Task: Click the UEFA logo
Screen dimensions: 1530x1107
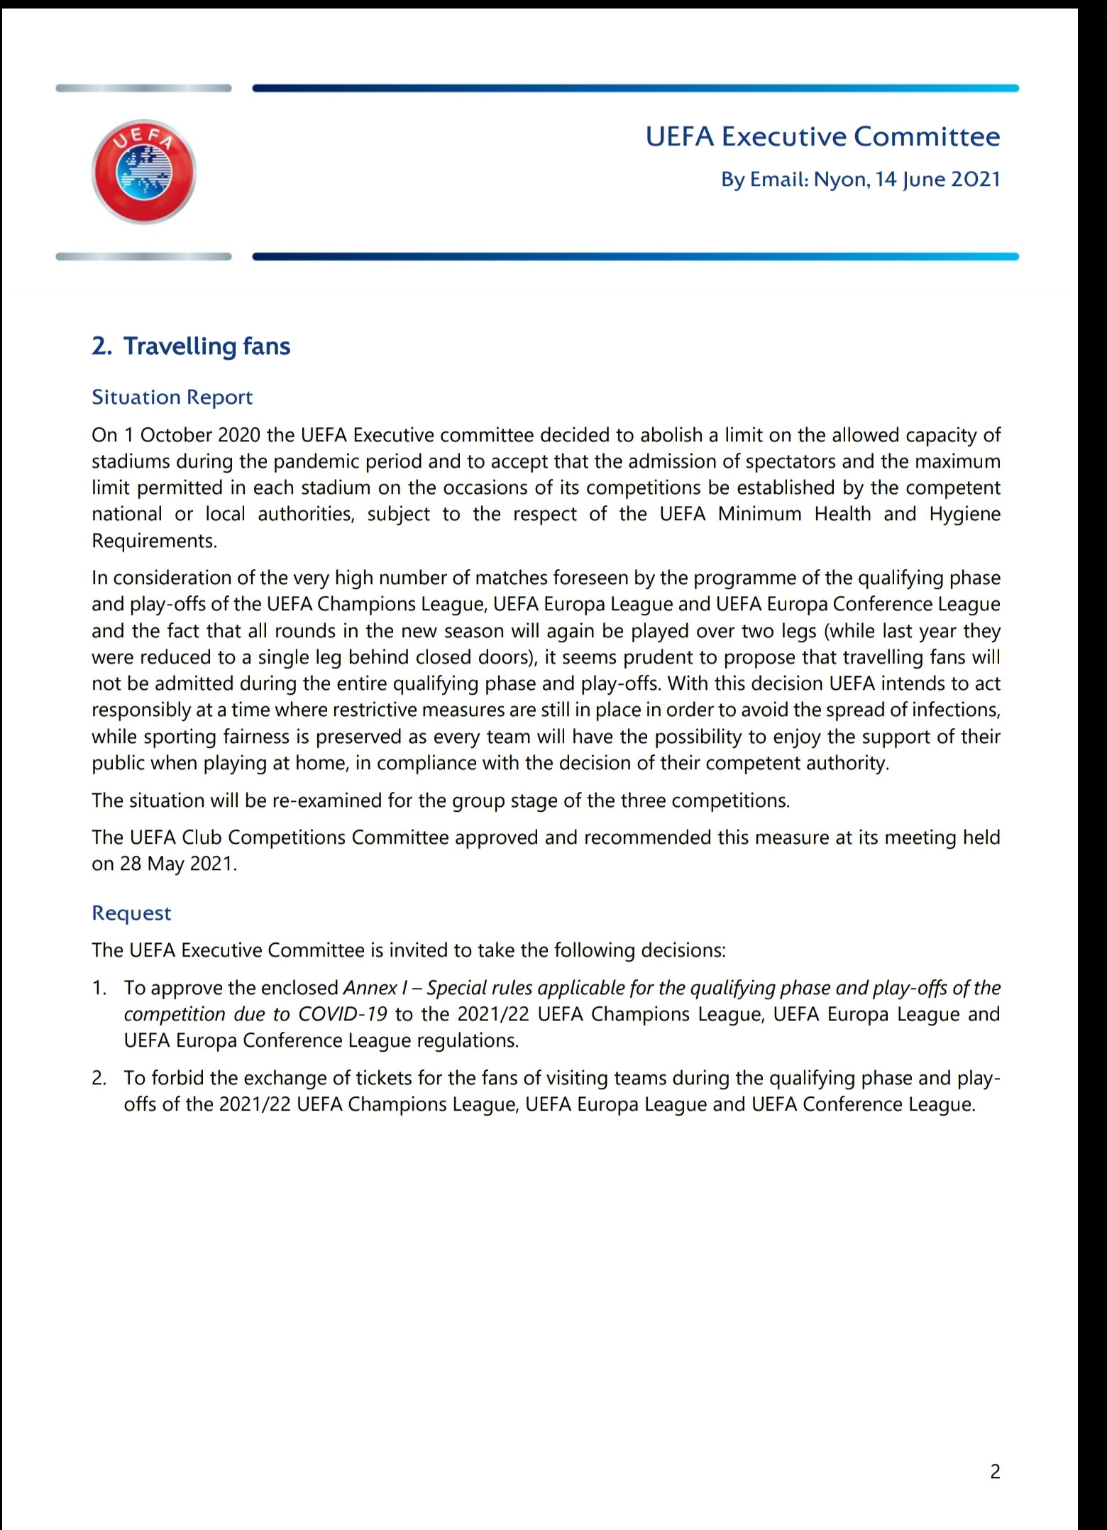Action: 144,172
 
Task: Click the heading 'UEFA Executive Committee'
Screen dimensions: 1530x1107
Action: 822,136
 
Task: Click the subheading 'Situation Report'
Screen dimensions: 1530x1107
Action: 172,397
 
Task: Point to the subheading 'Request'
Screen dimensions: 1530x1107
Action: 131,913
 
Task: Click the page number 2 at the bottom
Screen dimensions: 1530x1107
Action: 995,1472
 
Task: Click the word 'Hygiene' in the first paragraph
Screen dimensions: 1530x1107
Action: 964,514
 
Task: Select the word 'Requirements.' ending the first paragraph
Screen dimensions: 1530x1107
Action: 154,541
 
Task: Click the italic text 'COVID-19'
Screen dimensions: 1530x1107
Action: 343,1014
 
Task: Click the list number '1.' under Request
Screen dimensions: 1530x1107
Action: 99,988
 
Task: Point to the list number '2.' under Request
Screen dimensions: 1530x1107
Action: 99,1079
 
